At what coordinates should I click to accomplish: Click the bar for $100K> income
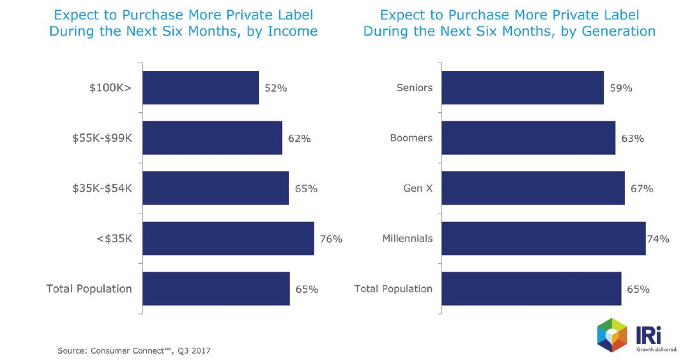(200, 88)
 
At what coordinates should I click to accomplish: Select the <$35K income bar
(228, 239)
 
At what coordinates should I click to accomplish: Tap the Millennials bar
(544, 239)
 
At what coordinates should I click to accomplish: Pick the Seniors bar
(523, 88)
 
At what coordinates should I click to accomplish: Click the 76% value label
(331, 239)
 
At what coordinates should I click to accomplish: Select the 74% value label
(658, 239)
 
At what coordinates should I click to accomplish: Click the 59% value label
(621, 88)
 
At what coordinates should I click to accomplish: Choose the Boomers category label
(411, 138)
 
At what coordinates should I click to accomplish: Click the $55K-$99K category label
(101, 138)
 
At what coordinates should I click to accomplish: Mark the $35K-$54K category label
(101, 188)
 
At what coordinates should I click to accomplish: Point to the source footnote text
(134, 350)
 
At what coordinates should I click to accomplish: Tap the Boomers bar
(529, 138)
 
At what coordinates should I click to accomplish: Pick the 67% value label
(642, 188)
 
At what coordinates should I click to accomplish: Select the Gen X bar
(533, 188)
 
